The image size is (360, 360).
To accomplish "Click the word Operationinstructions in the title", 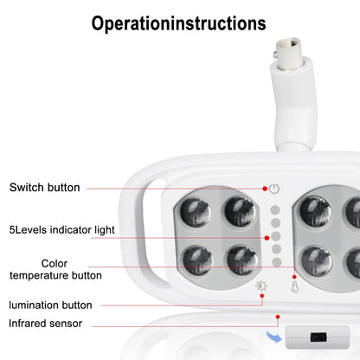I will point(179,23).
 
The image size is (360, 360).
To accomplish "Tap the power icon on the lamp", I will point(273,188).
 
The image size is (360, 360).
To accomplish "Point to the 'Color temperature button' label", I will point(67,269).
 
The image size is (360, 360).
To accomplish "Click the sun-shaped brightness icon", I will point(261,287).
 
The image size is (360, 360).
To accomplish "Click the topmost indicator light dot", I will point(274,209).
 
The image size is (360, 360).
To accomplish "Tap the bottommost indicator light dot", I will point(274,262).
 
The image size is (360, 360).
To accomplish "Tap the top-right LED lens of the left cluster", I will point(239,210).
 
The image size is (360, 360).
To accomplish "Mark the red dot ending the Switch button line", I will point(264,188).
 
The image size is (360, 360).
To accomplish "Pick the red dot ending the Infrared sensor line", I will point(278,317).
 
